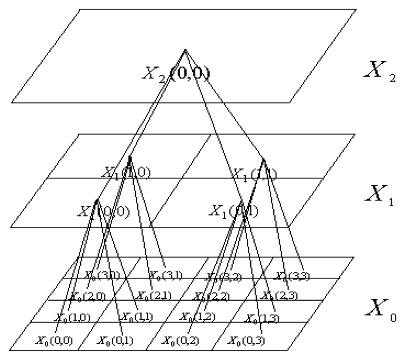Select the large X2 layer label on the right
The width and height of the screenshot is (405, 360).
379,72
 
